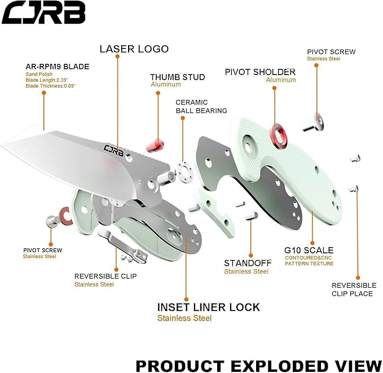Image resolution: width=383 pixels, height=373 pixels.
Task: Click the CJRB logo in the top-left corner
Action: (x=43, y=12)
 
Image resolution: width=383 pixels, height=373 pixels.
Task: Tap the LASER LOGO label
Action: (x=134, y=49)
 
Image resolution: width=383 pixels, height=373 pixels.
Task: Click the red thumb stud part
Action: (x=156, y=143)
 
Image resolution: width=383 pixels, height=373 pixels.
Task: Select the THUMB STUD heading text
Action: (x=177, y=77)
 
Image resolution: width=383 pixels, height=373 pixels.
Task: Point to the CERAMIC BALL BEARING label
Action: (x=201, y=107)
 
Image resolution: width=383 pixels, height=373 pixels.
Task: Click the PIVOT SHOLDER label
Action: (x=260, y=72)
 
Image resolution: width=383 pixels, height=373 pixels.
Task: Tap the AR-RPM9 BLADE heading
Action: (x=58, y=66)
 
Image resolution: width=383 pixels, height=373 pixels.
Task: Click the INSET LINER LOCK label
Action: (x=208, y=307)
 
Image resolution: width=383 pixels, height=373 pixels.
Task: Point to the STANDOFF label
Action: (x=247, y=263)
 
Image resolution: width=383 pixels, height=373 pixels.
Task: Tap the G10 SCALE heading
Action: (x=309, y=250)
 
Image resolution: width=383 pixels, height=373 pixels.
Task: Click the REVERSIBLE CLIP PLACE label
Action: (x=354, y=289)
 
